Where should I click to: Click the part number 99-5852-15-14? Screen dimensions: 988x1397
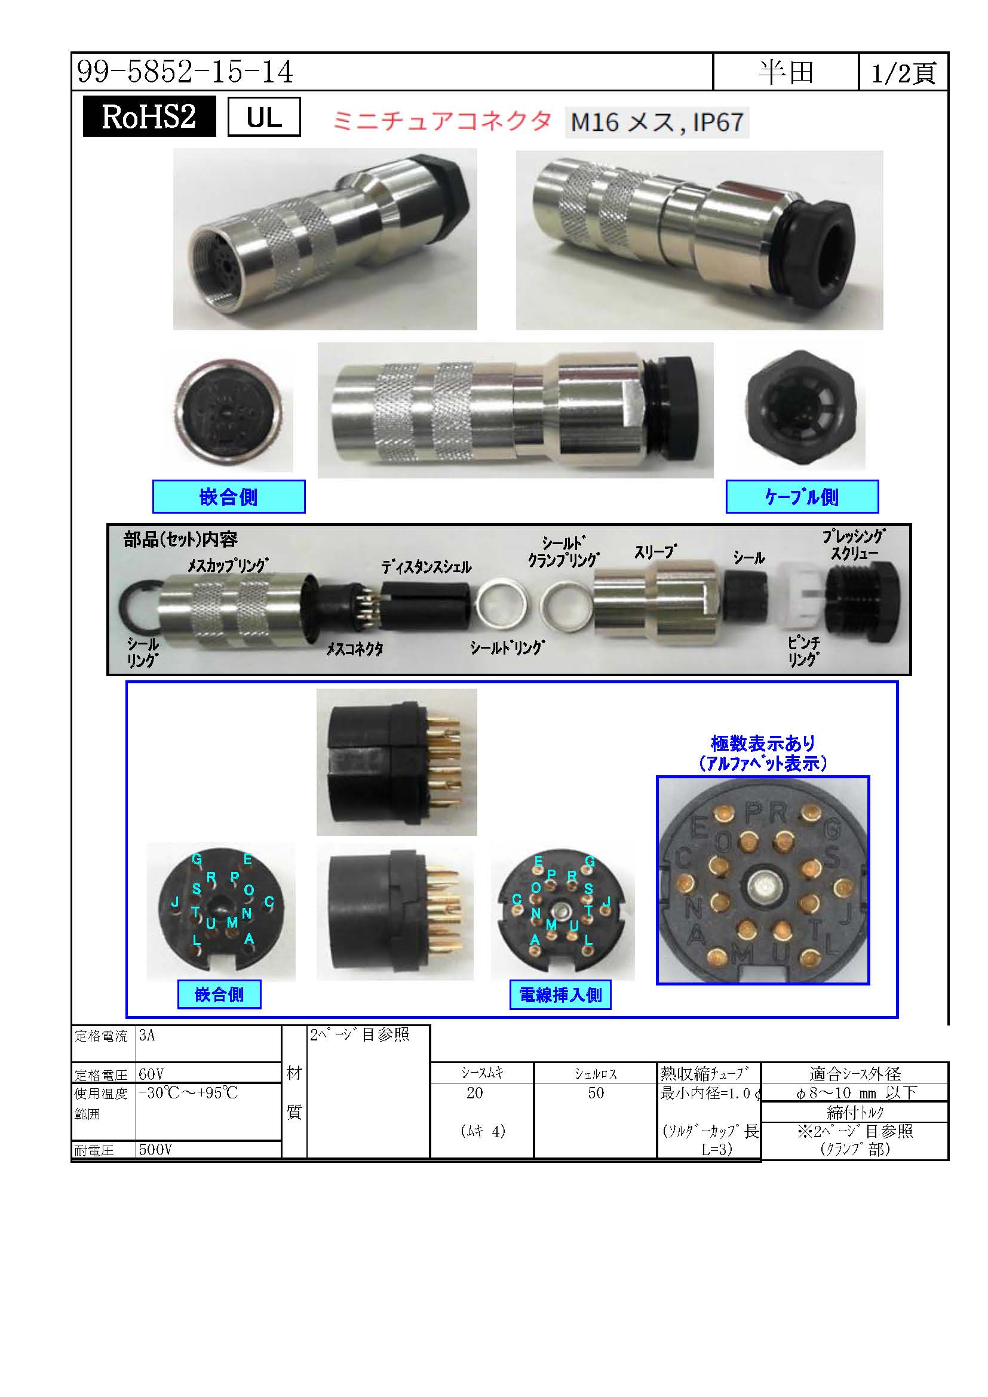185,72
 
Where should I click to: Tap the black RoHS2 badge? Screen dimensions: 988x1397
149,116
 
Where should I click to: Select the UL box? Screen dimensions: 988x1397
264,116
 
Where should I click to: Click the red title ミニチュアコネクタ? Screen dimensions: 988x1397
441,121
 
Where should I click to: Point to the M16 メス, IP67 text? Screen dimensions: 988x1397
657,122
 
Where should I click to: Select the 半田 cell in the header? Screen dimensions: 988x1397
786,72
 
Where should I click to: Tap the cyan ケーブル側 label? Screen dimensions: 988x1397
802,496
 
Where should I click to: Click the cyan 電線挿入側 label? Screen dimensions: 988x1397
560,995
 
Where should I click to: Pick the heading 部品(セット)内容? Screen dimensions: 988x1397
180,539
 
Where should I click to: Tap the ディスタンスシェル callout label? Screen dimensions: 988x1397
427,567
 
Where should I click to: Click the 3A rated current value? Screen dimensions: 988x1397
146,1035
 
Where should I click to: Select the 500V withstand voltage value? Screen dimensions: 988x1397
155,1149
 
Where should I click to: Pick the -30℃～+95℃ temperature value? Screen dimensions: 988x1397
188,1093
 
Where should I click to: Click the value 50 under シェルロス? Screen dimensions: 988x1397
596,1093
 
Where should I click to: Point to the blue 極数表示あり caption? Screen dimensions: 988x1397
763,743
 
